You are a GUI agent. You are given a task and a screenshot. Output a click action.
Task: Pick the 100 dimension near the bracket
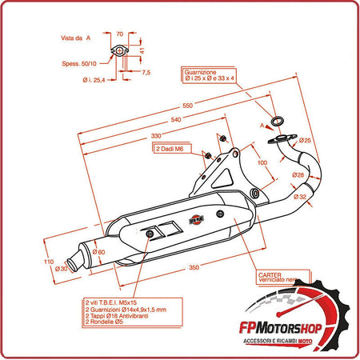tap(262, 162)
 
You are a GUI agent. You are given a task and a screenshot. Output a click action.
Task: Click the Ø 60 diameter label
tap(99, 253)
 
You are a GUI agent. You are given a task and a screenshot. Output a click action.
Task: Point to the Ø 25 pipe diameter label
tap(305, 141)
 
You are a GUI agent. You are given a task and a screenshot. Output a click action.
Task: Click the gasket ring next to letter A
tap(277, 121)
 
